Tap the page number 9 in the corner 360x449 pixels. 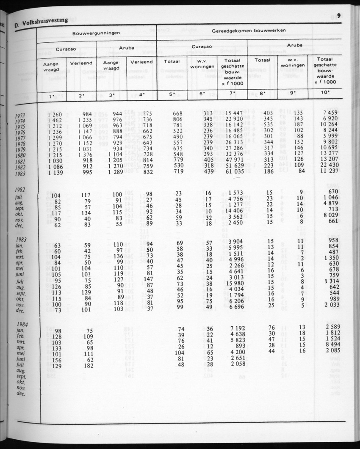point(340,16)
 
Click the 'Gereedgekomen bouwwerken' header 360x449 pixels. point(249,30)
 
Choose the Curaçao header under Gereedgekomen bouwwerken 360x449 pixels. point(202,47)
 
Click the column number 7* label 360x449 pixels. point(232,95)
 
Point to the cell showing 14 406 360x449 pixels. point(234,211)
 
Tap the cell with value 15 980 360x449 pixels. point(234,283)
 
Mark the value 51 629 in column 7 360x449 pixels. point(234,166)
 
